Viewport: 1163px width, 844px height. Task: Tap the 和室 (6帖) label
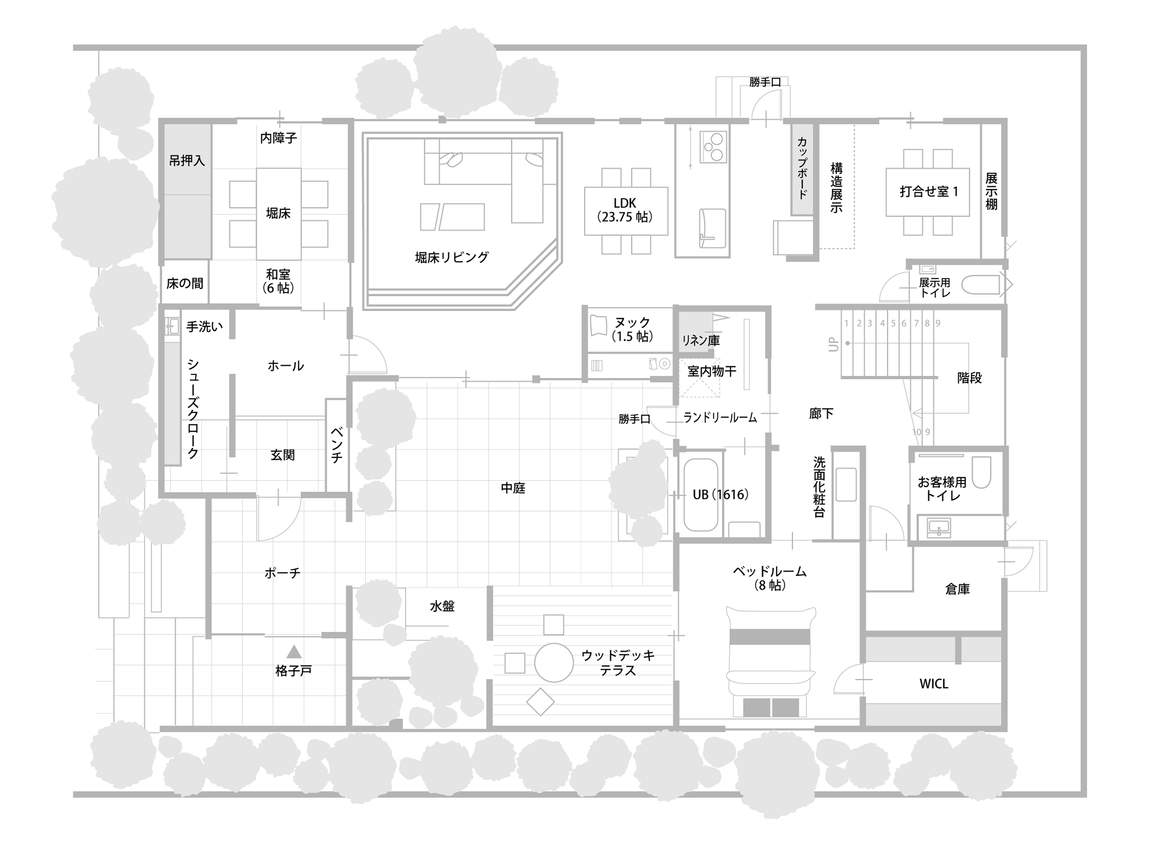[278, 281]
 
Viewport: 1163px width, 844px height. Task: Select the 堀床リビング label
[452, 257]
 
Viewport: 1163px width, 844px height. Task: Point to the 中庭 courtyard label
[513, 488]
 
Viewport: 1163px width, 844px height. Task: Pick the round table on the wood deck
[554, 662]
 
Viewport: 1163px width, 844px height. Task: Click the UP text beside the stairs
[833, 344]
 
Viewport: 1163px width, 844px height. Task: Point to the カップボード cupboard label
[802, 168]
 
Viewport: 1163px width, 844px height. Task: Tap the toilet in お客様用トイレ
[981, 471]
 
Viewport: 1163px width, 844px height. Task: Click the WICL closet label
[934, 684]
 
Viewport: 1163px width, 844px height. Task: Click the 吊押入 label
[187, 161]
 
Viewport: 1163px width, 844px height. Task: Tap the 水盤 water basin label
[442, 606]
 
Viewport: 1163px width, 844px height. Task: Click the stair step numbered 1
[846, 323]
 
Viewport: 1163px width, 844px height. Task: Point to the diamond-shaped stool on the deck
[541, 702]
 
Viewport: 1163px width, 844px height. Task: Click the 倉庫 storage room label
[958, 589]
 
